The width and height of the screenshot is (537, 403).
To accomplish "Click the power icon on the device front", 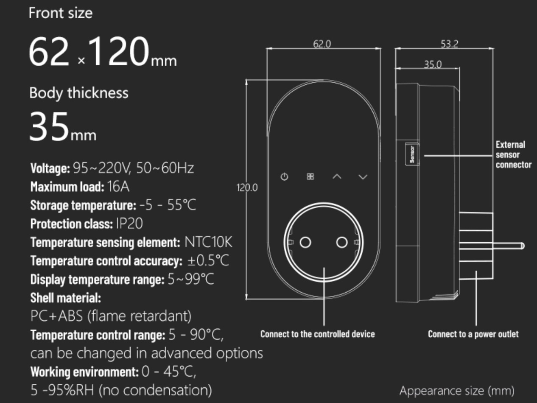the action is coord(284,176).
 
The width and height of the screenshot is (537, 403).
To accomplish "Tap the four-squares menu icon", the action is coord(310,176).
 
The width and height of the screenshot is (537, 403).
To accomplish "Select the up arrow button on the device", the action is coord(337,176).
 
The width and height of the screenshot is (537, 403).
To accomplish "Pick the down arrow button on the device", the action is coord(363,177).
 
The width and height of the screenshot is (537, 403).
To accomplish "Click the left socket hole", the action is coord(305,243).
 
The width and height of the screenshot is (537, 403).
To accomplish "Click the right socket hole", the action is coord(342,243).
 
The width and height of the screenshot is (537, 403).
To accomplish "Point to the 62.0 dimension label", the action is coord(322,44).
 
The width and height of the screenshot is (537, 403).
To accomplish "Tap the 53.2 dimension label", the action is coord(450,44).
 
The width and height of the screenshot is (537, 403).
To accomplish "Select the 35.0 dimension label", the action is coord(433,64).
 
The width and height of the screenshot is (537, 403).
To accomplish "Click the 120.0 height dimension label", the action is coord(247,188).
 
